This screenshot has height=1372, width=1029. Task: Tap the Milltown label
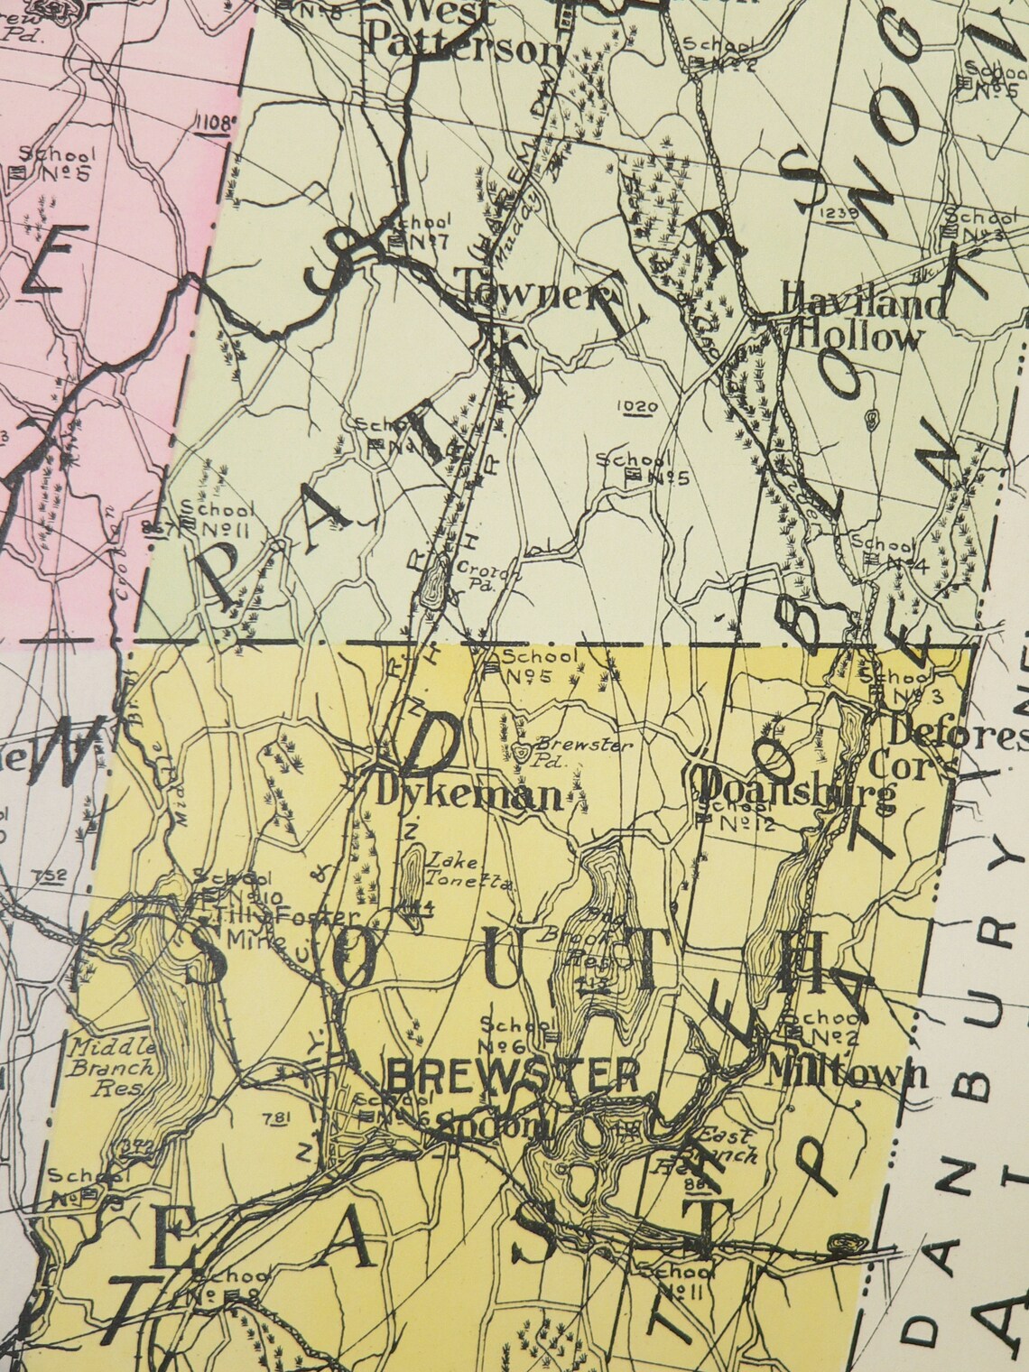point(846,1073)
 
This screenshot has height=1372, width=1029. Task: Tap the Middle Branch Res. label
point(103,1068)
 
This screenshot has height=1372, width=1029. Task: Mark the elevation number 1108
point(216,119)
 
